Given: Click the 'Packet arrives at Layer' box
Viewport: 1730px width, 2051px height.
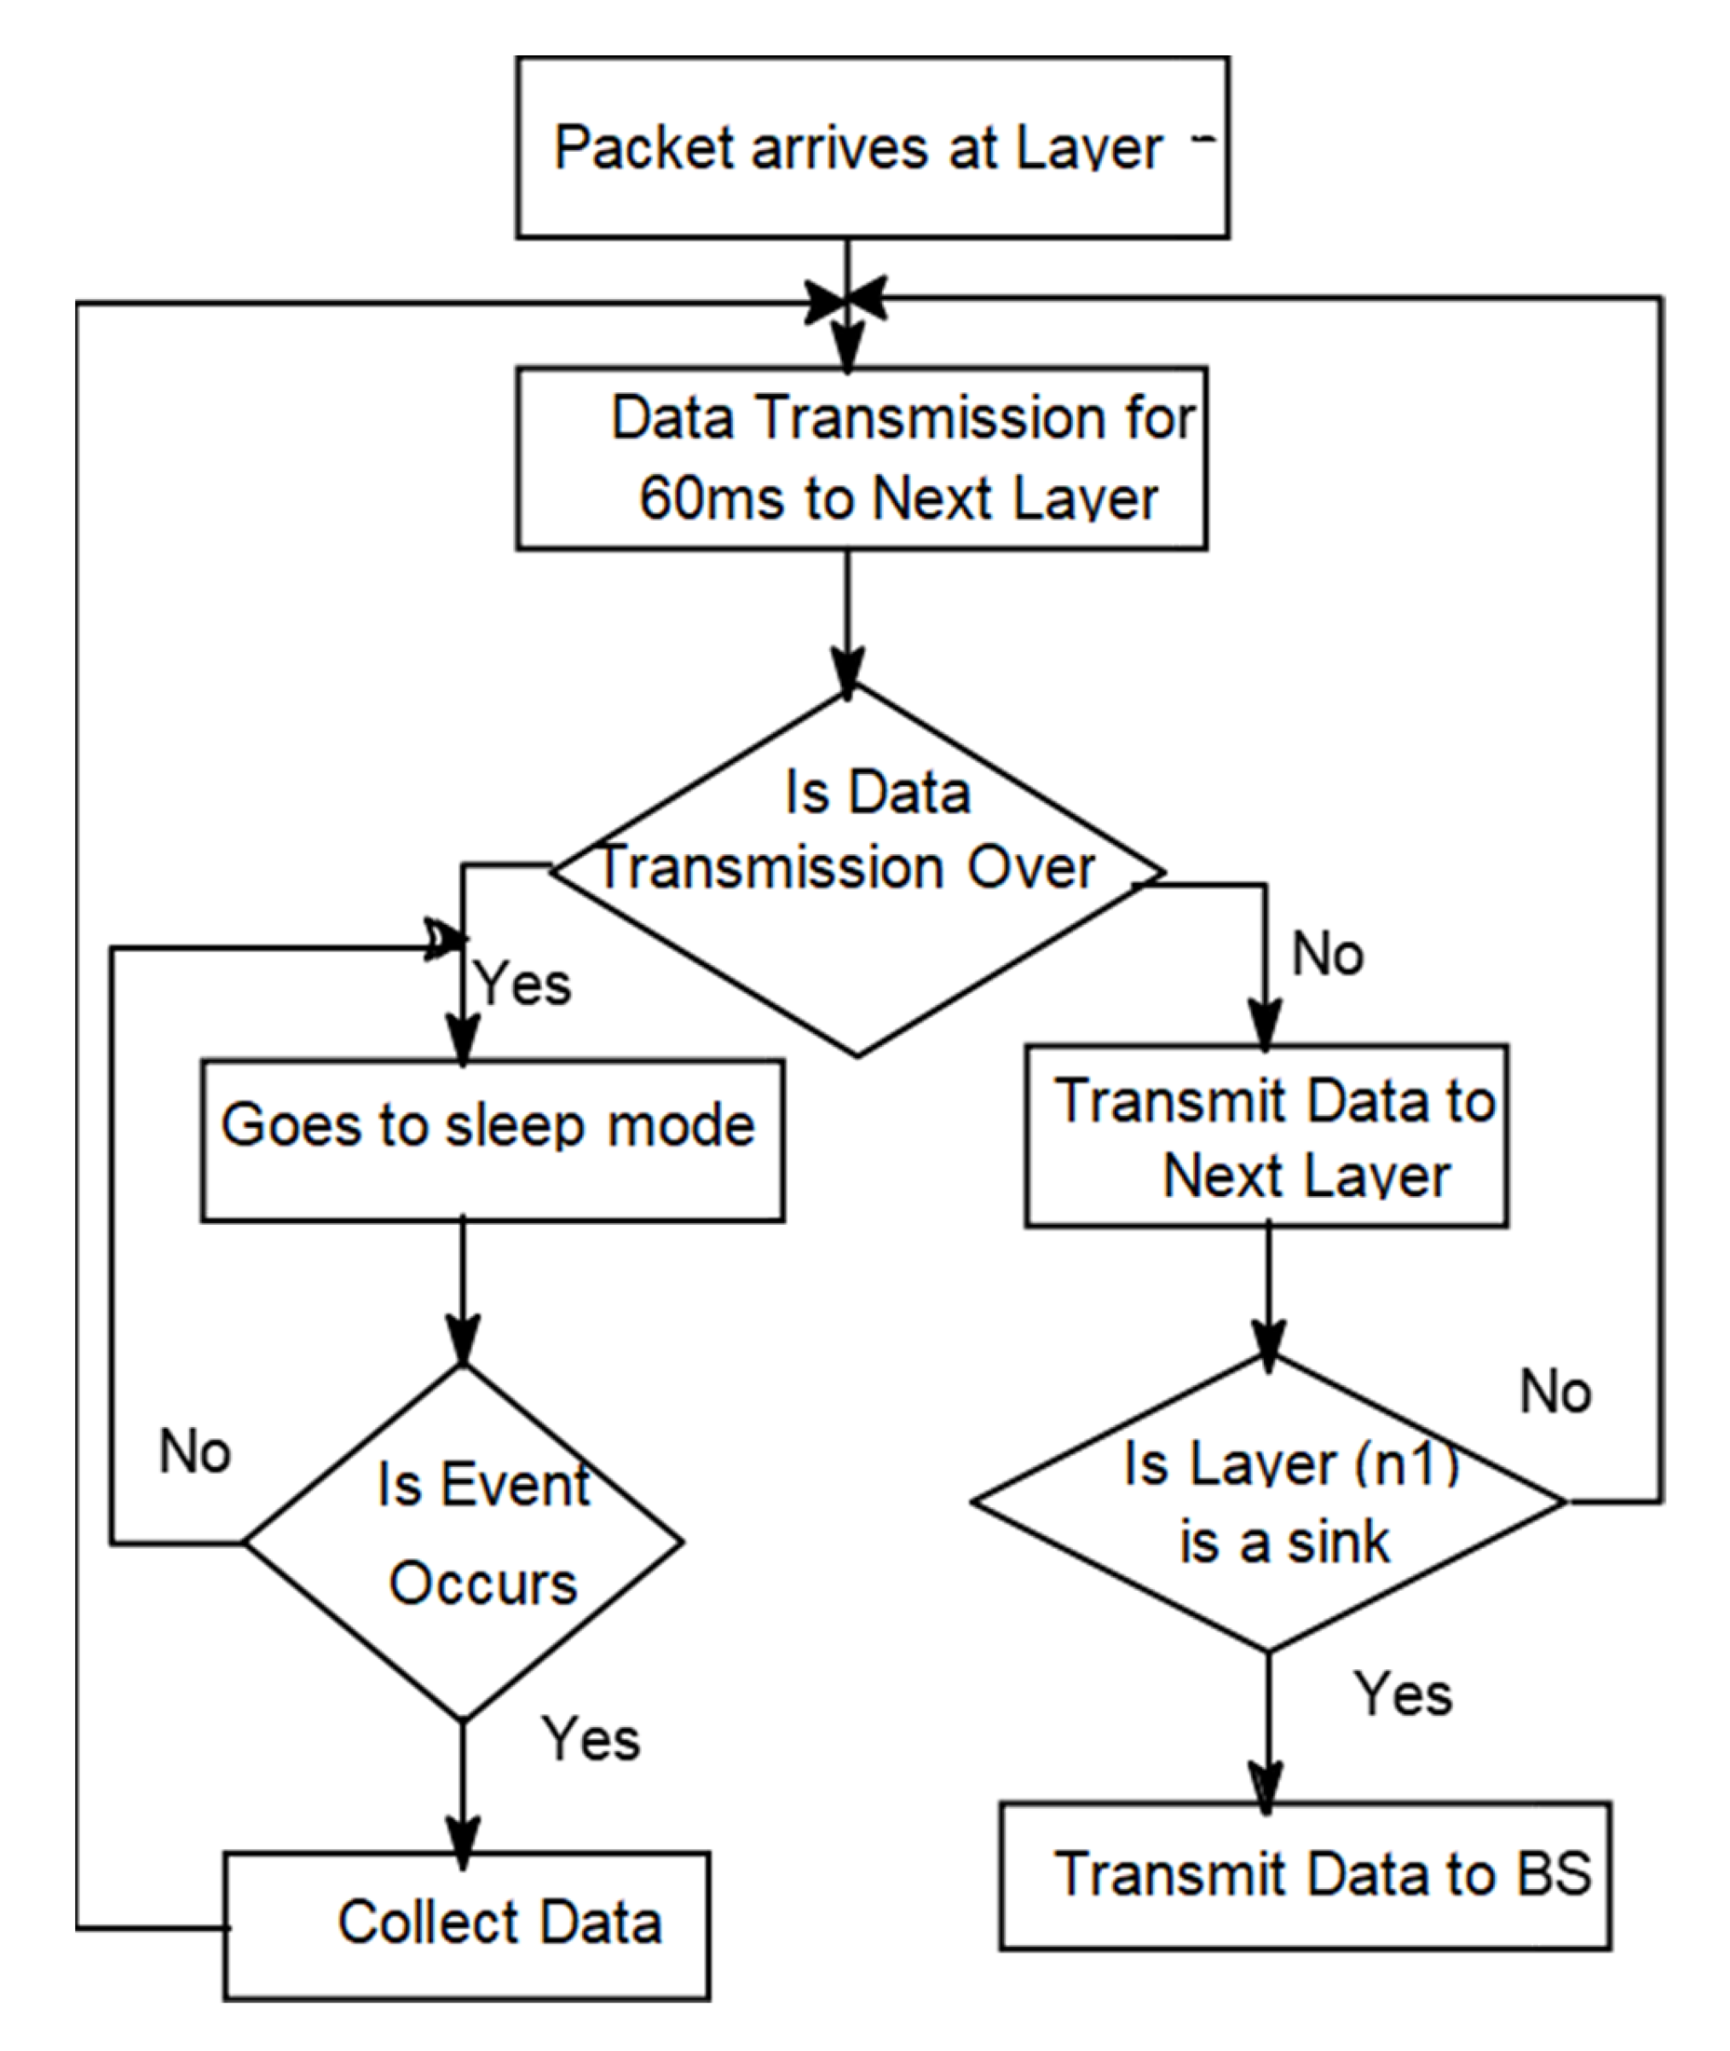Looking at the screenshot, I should click(872, 147).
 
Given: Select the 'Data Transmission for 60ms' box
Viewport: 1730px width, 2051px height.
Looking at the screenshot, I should click(861, 458).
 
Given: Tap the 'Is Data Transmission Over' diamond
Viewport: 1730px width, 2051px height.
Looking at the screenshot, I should click(857, 871).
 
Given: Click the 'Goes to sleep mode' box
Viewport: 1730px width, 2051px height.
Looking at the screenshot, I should click(493, 1140).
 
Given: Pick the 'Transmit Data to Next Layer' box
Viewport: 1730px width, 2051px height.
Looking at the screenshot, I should click(1266, 1135).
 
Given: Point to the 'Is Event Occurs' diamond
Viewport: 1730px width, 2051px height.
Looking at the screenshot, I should click(463, 1543).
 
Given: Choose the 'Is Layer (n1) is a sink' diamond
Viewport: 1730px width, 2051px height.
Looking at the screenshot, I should click(1268, 1502).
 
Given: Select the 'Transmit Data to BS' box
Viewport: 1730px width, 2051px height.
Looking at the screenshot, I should click(1305, 1875).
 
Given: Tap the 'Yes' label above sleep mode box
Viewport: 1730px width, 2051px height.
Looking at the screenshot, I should click(522, 984).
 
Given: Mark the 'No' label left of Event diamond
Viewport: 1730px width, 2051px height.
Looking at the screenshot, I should click(194, 1452).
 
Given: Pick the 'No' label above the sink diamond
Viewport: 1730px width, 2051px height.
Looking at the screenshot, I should click(1554, 1392).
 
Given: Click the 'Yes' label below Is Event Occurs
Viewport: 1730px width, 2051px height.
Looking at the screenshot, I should click(591, 1739).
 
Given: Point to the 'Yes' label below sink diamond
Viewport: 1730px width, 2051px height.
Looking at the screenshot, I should click(1403, 1694).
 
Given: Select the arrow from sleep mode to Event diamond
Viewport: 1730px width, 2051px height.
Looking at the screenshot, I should click(463, 1295).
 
